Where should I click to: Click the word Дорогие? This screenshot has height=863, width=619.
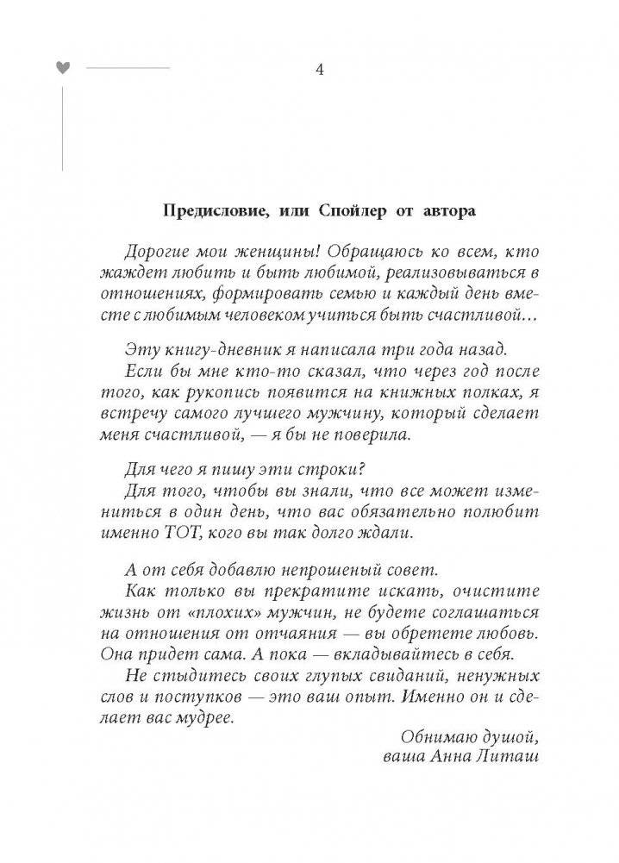[x=156, y=251]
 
